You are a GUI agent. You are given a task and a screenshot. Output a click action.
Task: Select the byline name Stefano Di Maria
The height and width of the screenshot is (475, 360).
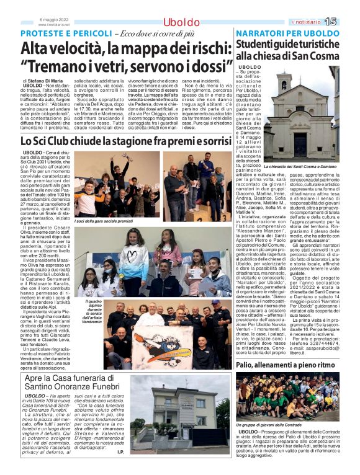coord(45,81)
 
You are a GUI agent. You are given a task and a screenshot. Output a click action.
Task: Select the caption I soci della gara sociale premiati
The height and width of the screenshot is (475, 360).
coord(104,221)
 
